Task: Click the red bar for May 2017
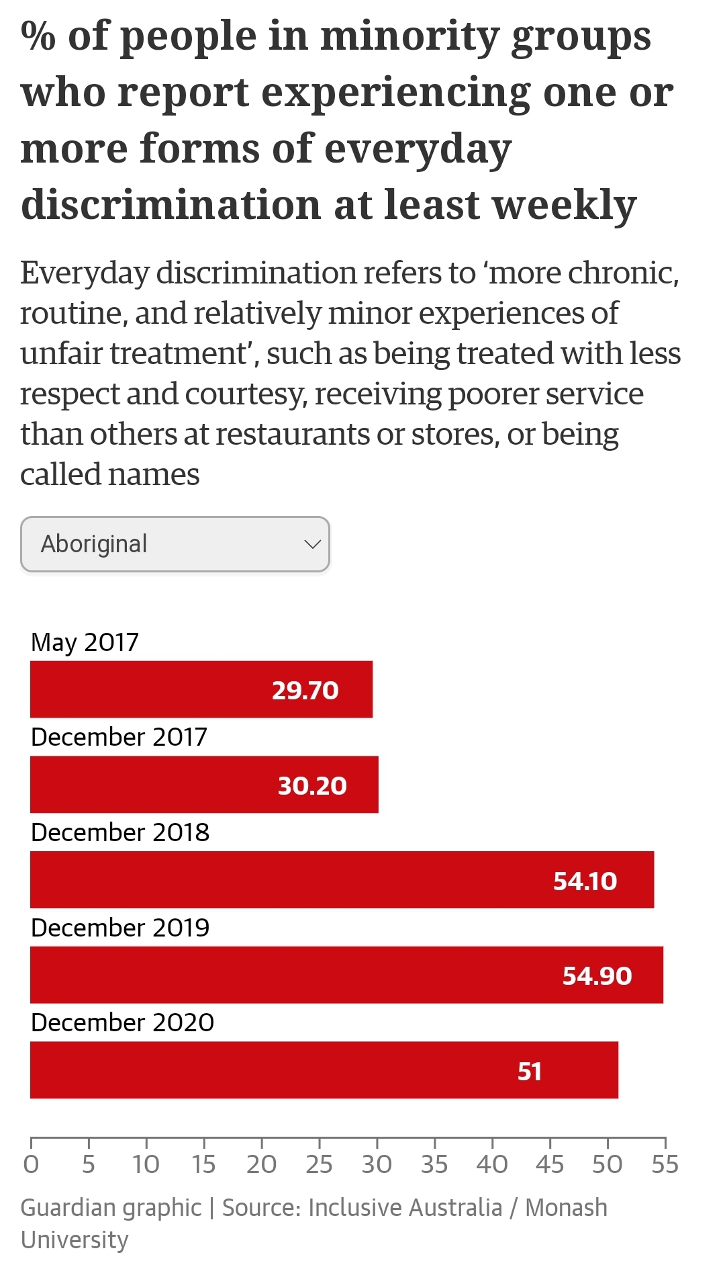point(201,689)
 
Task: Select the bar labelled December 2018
point(342,879)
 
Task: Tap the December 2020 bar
point(324,1070)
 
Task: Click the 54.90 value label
point(597,975)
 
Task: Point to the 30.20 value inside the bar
point(312,785)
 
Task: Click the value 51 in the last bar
point(530,1071)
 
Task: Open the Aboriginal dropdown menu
point(175,544)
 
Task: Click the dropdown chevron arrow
point(312,544)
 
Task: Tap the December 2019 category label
point(120,928)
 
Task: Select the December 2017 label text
point(119,737)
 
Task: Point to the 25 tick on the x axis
point(319,1164)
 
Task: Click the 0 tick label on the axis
point(31,1164)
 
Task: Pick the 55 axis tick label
point(665,1164)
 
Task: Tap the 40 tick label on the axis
point(492,1164)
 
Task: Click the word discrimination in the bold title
point(171,204)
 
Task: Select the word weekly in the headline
point(565,206)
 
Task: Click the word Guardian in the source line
point(63,1207)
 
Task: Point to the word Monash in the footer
point(566,1207)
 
